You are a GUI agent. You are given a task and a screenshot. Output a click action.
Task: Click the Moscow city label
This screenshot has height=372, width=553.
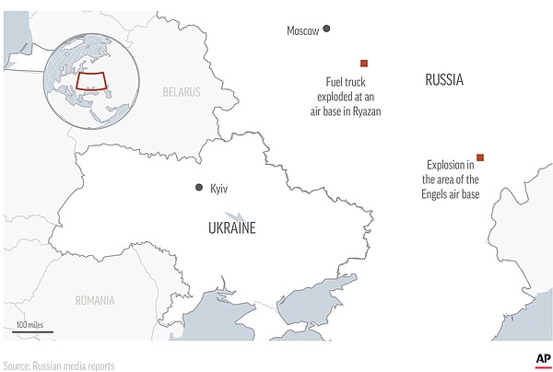pyautogui.click(x=302, y=31)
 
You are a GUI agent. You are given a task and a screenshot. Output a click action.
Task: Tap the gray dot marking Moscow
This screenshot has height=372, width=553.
pyautogui.click(x=326, y=29)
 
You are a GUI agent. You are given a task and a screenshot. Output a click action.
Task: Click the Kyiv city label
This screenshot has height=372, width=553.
pyautogui.click(x=218, y=188)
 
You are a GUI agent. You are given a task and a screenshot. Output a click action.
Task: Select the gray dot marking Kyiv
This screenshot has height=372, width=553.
pyautogui.click(x=198, y=188)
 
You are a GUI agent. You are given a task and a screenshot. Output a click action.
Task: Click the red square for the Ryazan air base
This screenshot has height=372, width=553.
pyautogui.click(x=364, y=63)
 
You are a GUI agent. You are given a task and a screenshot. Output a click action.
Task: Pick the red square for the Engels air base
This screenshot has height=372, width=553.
pyautogui.click(x=479, y=157)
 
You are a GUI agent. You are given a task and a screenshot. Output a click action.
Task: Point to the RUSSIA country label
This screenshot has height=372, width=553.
pyautogui.click(x=444, y=81)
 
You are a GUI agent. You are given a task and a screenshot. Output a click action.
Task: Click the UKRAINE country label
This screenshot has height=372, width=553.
pyautogui.click(x=230, y=227)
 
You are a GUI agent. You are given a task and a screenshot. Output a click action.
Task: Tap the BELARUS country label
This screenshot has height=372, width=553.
pyautogui.click(x=182, y=92)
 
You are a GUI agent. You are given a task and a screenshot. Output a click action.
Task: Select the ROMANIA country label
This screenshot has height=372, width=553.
pyautogui.click(x=96, y=300)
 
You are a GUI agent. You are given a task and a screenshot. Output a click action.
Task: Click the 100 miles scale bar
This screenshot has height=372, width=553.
pyautogui.click(x=34, y=331)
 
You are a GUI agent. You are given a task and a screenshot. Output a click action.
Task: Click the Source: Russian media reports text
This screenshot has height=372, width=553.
pyautogui.click(x=59, y=365)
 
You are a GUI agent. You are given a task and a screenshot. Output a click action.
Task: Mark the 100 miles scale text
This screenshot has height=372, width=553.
pyautogui.click(x=32, y=324)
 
